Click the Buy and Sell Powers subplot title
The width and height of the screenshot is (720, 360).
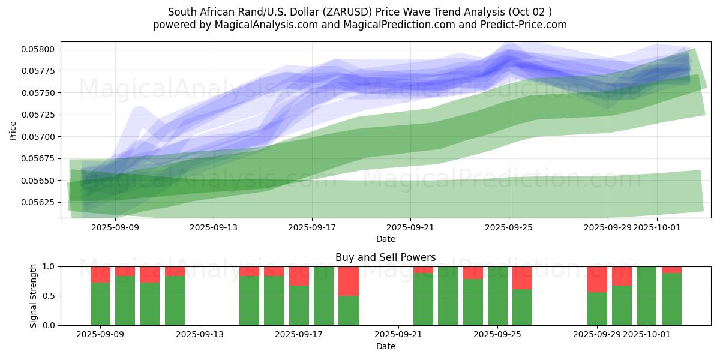pyautogui.click(x=385, y=257)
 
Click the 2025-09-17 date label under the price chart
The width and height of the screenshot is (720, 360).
pyautogui.click(x=312, y=227)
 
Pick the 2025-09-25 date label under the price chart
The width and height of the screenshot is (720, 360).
pyautogui.click(x=509, y=227)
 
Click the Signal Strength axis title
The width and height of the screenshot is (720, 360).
pyautogui.click(x=34, y=296)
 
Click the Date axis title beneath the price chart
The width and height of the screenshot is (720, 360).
pyautogui.click(x=385, y=239)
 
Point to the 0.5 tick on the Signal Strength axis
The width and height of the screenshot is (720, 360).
pyautogui.click(x=49, y=296)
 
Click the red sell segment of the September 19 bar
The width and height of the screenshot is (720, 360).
pyautogui.click(x=349, y=281)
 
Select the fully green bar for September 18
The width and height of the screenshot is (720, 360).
pyautogui.click(x=323, y=296)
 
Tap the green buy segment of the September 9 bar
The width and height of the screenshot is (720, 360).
pyautogui.click(x=100, y=304)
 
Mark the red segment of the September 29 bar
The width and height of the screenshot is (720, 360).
pyautogui.click(x=597, y=279)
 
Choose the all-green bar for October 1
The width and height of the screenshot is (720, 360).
pyautogui.click(x=647, y=296)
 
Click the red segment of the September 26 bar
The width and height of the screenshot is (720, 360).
pyautogui.click(x=523, y=278)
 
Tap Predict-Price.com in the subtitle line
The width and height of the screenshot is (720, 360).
pyautogui.click(x=529, y=25)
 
